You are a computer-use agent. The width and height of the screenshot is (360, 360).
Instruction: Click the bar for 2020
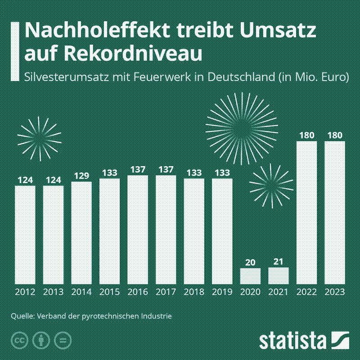(x=250, y=275)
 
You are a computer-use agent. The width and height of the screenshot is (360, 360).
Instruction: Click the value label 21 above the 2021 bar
(x=278, y=261)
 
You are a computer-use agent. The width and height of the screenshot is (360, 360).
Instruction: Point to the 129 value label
(x=81, y=175)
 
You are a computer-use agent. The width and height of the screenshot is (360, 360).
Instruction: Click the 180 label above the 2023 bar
(x=335, y=135)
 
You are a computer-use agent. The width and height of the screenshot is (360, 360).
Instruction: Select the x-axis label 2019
(x=222, y=292)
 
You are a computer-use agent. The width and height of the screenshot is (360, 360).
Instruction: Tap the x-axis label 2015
(x=109, y=292)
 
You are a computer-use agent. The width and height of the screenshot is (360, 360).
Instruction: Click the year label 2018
(x=194, y=292)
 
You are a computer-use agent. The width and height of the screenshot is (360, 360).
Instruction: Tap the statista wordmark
(x=292, y=340)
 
